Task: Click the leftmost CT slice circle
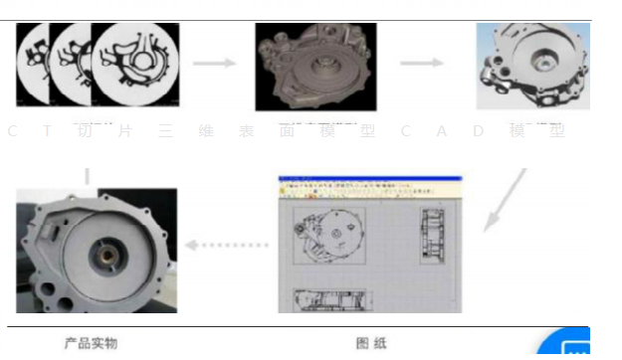(36, 65)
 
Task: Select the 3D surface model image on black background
(315, 67)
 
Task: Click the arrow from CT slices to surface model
(214, 64)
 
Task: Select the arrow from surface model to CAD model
(421, 64)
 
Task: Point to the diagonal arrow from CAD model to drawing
(506, 200)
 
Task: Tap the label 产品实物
(91, 343)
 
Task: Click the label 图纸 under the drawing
(370, 343)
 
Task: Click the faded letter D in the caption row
(478, 131)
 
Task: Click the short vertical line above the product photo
(87, 177)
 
